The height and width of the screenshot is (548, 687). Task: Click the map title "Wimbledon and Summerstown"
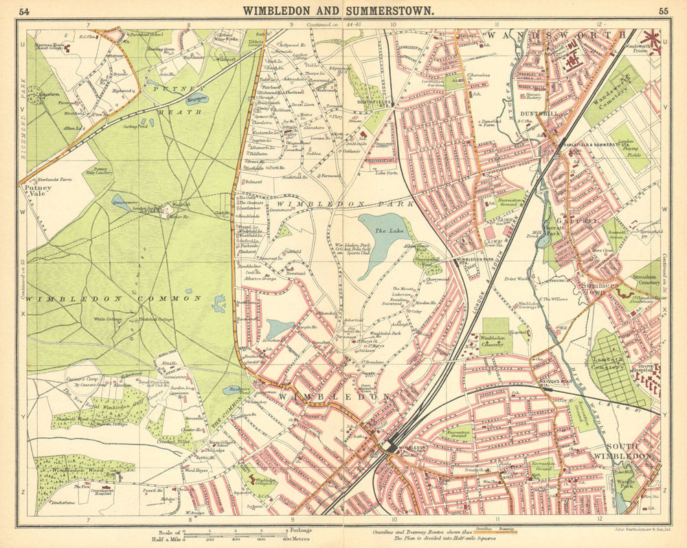click(336, 10)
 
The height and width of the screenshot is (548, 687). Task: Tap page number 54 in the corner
click(25, 11)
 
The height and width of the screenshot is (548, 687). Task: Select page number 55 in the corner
click(663, 11)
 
